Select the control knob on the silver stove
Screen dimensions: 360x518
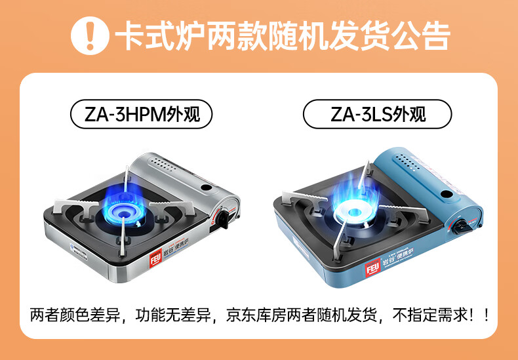[x=224, y=219]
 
